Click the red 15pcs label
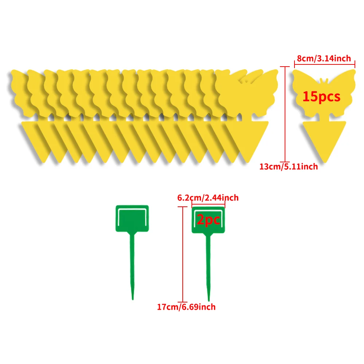321,97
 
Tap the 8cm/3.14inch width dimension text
324,58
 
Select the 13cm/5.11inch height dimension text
288,166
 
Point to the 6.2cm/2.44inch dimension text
208,198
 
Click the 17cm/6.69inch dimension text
186,307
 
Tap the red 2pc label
208,219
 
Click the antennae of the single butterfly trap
324,80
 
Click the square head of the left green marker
132,218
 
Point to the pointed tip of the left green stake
132,300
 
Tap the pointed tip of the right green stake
209,301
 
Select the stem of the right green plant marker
209,267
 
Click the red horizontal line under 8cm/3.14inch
325,64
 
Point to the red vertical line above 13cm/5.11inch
285,114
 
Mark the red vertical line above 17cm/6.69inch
183,254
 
